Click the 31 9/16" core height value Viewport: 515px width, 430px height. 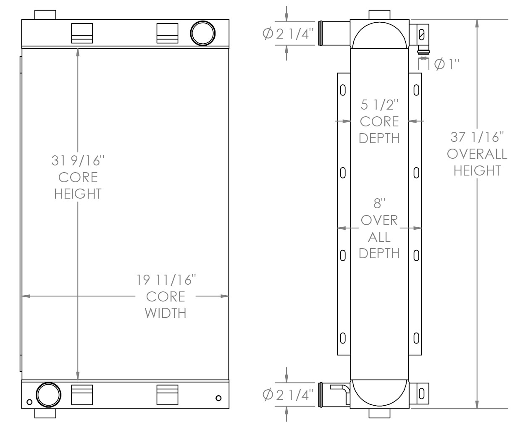tap(78, 160)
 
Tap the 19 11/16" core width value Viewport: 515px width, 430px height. tap(166, 280)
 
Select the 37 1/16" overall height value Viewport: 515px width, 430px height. tap(477, 137)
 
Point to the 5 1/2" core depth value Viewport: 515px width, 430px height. tap(379, 105)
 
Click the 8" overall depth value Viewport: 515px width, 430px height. tap(379, 203)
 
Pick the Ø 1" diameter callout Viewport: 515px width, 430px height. tap(447, 64)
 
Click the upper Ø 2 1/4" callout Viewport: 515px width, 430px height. tap(288, 34)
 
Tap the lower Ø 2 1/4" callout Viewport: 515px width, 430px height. tap(288, 395)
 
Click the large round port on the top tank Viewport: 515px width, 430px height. tap(203, 33)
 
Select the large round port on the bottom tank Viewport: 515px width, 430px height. tap(48, 395)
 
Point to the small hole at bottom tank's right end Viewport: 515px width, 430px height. tap(218, 398)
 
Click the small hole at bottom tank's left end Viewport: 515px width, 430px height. tap(29, 402)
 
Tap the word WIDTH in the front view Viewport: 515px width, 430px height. tap(166, 313)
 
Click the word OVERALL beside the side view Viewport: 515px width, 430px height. tap(477, 154)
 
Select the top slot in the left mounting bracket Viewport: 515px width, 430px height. tap(343, 90)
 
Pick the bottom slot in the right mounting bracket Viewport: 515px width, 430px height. tap(416, 338)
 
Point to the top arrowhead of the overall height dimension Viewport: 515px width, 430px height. tap(477, 24)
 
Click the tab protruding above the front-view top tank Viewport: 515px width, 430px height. tap(45, 15)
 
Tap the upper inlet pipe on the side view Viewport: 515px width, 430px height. tap(334, 33)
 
